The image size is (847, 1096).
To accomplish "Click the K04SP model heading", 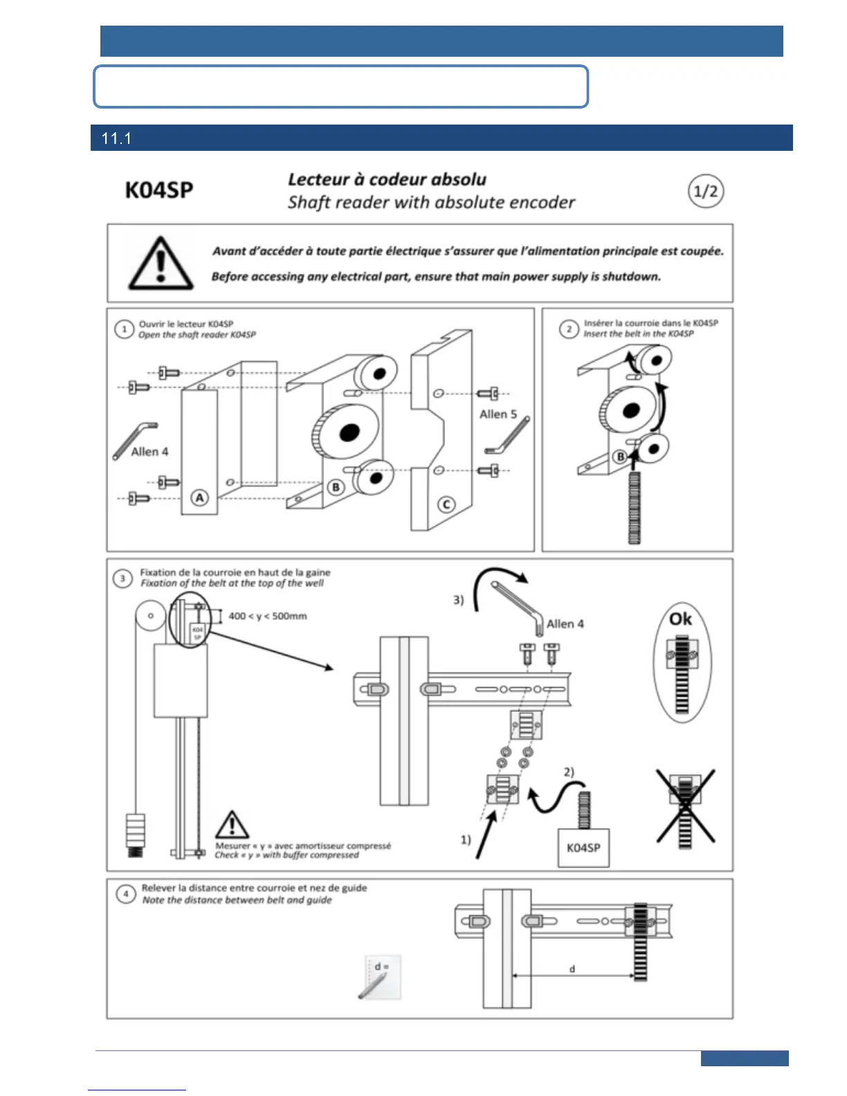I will [158, 190].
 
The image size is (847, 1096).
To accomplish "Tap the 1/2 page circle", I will [705, 191].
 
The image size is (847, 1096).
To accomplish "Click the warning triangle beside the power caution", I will [161, 264].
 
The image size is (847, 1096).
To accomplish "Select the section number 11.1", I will [116, 138].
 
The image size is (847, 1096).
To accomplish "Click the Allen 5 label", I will [498, 414].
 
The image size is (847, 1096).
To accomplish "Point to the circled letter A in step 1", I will [199, 497].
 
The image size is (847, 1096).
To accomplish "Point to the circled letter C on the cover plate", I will [446, 504].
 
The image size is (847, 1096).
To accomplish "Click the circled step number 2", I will [569, 329].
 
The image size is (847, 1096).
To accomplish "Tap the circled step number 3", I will [122, 578].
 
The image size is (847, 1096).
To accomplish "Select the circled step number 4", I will [125, 894].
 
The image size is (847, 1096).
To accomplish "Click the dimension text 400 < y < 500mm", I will [267, 616].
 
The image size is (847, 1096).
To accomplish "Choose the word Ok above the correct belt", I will [680, 619].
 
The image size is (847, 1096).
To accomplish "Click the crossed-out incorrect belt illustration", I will [685, 806].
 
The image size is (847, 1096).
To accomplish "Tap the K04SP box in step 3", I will [583, 847].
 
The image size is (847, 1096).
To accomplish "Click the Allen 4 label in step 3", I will [565, 623].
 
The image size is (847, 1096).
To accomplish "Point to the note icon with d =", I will [380, 976].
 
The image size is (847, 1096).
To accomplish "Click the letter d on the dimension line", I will [572, 969].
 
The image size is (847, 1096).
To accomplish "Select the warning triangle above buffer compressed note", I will [232, 825].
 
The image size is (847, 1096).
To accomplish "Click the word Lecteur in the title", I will [318, 179].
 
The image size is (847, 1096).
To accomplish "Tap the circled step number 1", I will [124, 329].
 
